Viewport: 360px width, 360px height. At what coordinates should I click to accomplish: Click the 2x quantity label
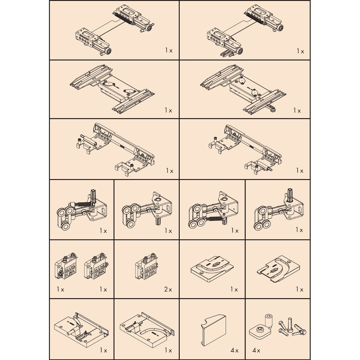click(168, 289)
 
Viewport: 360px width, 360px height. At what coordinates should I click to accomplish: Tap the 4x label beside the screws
click(256, 350)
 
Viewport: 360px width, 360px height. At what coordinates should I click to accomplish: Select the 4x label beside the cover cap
click(235, 350)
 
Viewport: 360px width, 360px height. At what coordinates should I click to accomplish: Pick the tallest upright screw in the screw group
click(290, 324)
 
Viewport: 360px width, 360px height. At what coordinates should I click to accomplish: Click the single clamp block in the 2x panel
click(146, 266)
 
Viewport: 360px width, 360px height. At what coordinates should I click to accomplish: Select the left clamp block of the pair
click(66, 266)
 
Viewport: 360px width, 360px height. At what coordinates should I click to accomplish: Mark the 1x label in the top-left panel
click(169, 50)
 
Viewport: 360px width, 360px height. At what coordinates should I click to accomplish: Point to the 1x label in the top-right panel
click(300, 51)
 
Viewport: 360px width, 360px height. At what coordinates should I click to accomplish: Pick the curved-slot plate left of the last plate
click(212, 269)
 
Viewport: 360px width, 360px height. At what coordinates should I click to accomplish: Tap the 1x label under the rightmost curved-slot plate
click(300, 289)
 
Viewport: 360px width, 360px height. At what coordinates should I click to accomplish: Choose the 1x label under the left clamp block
click(60, 289)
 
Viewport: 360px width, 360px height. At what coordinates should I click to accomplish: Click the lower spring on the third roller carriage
click(216, 219)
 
